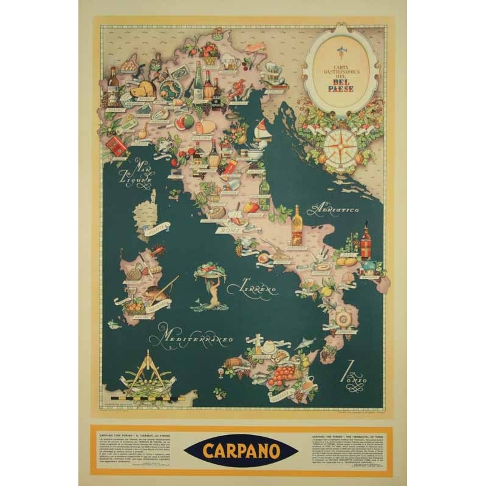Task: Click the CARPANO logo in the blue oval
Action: (x=242, y=451)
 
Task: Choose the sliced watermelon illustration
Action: (x=183, y=123)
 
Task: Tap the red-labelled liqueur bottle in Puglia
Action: (x=366, y=242)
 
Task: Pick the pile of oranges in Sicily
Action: (x=280, y=375)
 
